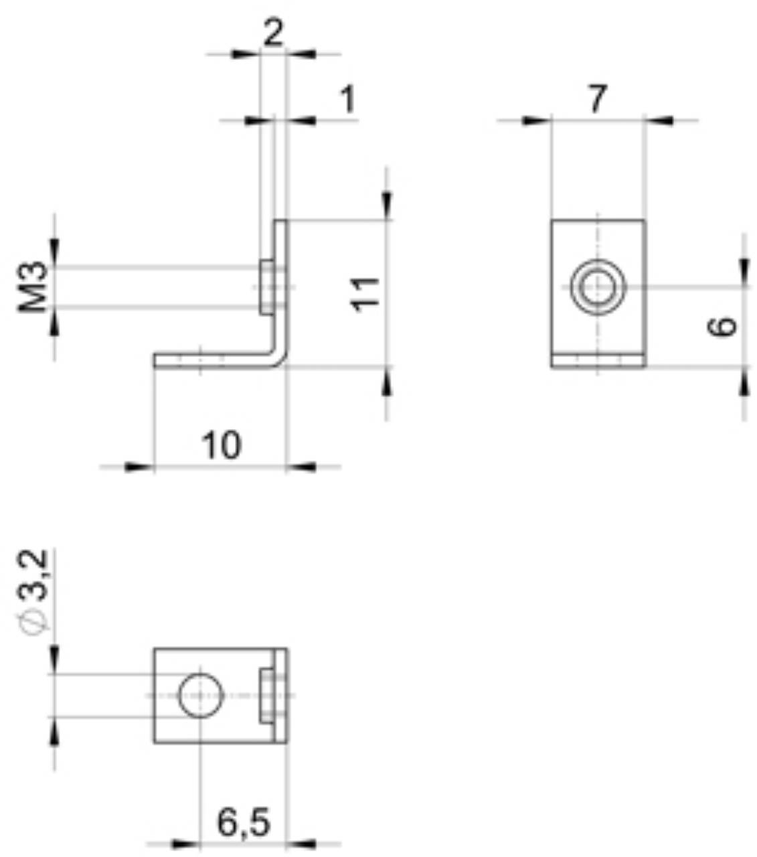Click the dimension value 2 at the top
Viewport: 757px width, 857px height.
[272, 33]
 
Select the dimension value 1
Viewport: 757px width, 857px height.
[347, 100]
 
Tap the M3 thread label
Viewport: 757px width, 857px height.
[33, 287]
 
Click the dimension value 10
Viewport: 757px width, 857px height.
[221, 445]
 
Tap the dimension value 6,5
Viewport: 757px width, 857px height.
[244, 822]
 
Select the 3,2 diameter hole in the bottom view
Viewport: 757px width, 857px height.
[200, 695]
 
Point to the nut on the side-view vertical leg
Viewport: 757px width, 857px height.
[266, 287]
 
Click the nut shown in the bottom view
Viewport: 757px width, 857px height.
[267, 695]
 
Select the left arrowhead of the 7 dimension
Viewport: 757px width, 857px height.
[536, 121]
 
